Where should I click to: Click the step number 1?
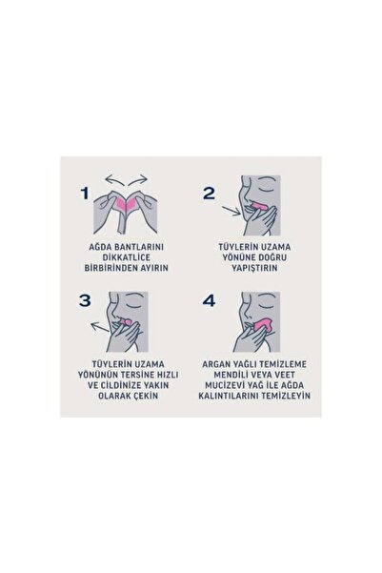pyautogui.click(x=85, y=194)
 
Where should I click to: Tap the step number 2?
pyautogui.click(x=209, y=194)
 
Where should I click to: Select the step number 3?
pyautogui.click(x=85, y=300)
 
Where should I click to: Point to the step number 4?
pyautogui.click(x=209, y=300)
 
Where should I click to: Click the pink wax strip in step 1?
pyautogui.click(x=126, y=203)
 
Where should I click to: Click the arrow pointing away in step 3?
pyautogui.click(x=100, y=327)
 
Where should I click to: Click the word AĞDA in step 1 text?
pyautogui.click(x=99, y=247)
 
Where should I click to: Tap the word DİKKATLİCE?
pyautogui.click(x=127, y=257)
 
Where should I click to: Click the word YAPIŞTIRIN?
pyautogui.click(x=254, y=268)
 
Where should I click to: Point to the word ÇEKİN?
pyautogui.click(x=147, y=396)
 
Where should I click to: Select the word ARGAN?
pyautogui.click(x=214, y=364)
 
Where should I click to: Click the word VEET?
pyautogui.click(x=285, y=375)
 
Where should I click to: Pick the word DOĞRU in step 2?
pyautogui.click(x=273, y=257)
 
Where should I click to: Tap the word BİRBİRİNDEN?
pyautogui.click(x=111, y=268)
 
